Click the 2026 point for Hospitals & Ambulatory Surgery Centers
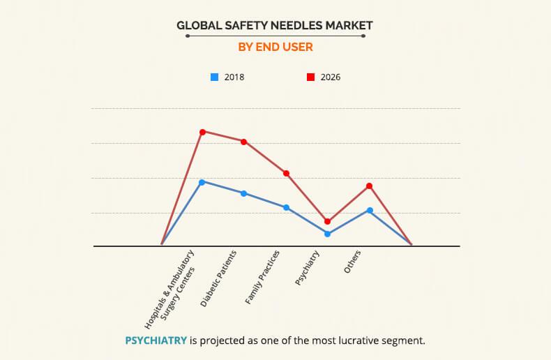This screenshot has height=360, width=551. coord(202,131)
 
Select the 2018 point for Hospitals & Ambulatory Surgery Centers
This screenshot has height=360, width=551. coord(202,182)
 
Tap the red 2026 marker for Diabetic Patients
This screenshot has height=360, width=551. coord(244,142)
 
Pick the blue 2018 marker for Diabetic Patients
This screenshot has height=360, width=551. coord(244,193)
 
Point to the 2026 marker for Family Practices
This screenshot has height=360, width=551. coord(286,173)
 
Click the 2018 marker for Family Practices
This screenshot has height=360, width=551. coord(286,207)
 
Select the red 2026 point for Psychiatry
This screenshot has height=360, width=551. coord(328,221)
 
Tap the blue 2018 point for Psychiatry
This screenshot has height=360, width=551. coord(328,234)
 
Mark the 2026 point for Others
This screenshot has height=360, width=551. coord(370,186)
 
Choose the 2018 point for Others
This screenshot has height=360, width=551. coord(370,210)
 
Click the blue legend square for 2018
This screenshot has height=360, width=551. coord(215,77)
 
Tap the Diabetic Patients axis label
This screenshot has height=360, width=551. coord(219,278)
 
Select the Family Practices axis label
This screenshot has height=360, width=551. coord(262,277)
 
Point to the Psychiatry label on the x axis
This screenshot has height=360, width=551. coord(308,269)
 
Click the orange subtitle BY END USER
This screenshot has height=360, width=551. coord(275,47)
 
